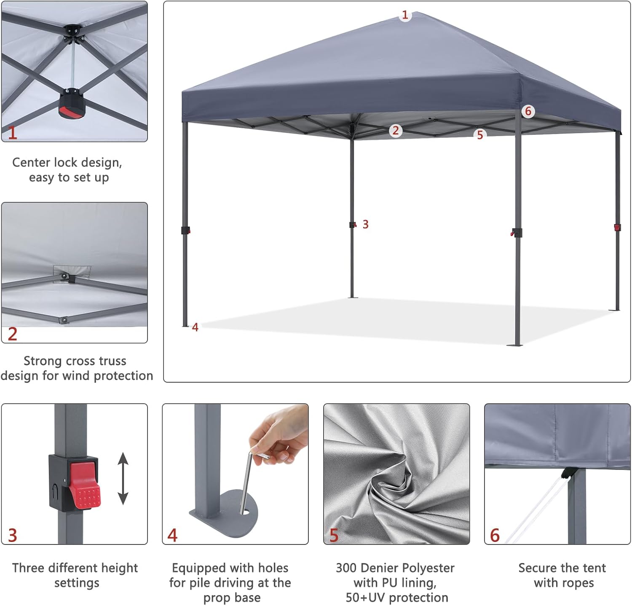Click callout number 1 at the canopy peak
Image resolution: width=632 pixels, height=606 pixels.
405,16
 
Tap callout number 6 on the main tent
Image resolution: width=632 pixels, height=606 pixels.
528,111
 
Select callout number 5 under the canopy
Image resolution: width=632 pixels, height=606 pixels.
480,135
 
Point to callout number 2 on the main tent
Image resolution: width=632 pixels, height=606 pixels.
395,131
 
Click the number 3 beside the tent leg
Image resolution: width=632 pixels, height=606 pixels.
365,225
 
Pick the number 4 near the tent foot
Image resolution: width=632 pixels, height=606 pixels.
195,327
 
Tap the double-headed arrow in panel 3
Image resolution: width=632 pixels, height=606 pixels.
123,478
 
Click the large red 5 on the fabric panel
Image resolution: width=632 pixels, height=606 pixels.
334,535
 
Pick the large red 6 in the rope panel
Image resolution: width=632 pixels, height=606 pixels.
495,535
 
